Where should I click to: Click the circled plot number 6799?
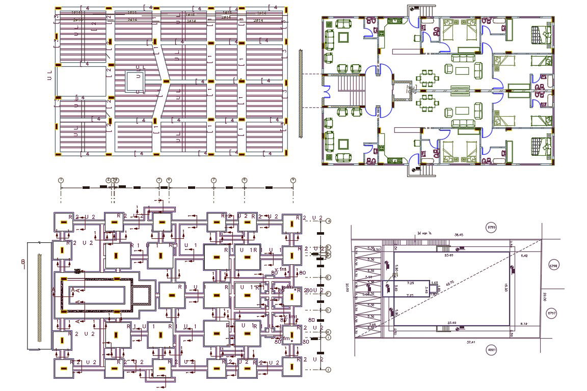click(x=492, y=227)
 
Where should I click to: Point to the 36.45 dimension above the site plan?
click(x=459, y=235)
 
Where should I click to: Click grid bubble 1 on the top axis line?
click(x=61, y=180)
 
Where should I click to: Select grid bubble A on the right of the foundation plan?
click(x=329, y=221)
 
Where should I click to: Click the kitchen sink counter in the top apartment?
click(x=395, y=21)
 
